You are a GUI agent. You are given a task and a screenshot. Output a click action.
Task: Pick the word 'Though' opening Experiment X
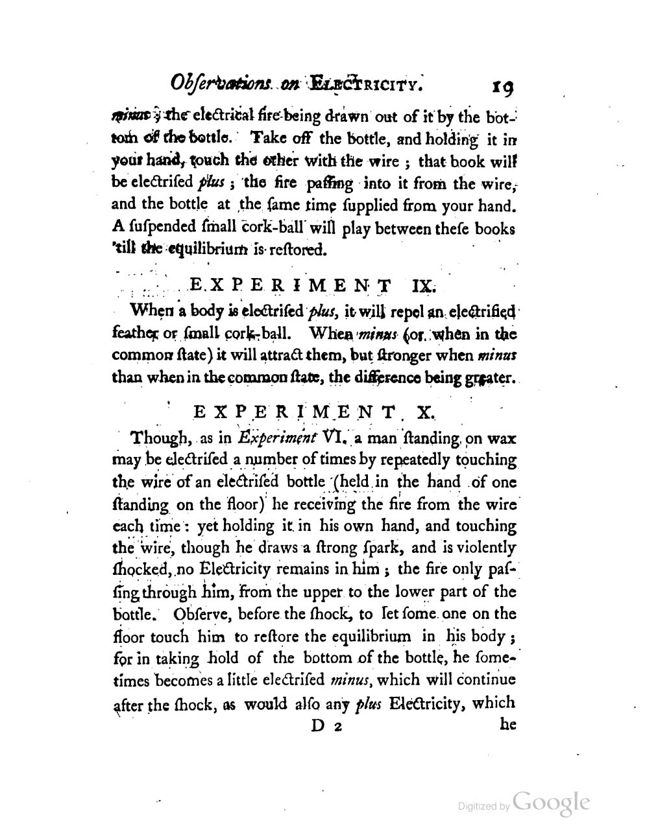pyautogui.click(x=159, y=438)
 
